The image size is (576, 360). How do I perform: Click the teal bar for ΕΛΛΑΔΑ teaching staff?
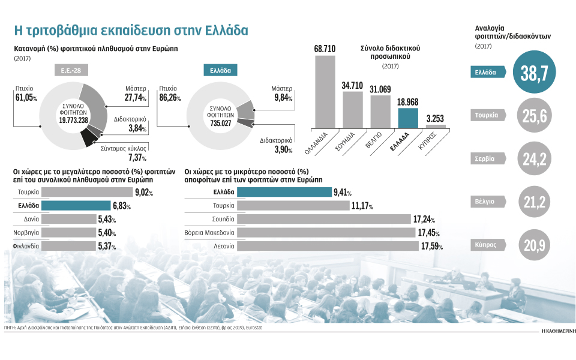[408, 117]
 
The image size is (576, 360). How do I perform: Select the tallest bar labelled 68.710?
[325, 91]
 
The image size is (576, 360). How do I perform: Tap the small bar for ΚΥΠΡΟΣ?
[436, 125]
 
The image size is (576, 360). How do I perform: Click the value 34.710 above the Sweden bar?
[353, 85]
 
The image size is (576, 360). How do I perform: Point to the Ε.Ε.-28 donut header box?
[74, 70]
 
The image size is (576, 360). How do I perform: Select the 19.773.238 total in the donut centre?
[76, 119]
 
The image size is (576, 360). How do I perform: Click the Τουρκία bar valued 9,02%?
[88, 192]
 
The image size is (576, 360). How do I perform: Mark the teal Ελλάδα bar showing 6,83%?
[76, 206]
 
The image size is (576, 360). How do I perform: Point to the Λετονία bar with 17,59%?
[328, 245]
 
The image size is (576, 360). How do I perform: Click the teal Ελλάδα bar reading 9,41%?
[284, 192]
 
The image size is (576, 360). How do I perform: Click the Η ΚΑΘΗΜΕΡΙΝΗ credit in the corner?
[550, 330]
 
